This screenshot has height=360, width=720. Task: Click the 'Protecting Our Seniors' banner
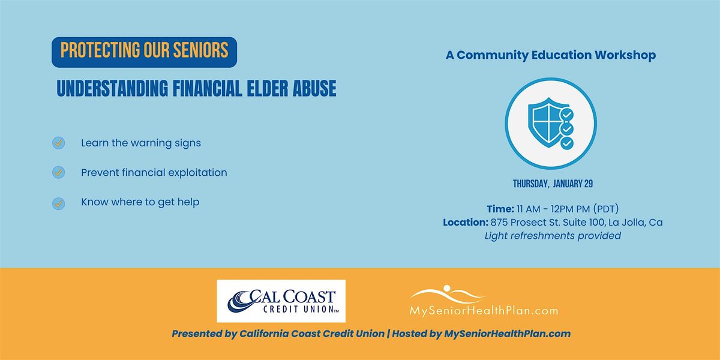(x=145, y=52)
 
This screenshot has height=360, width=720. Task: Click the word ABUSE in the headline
(x=314, y=88)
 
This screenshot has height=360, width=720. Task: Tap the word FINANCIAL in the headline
(x=208, y=88)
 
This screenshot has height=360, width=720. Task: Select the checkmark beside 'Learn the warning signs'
(x=59, y=143)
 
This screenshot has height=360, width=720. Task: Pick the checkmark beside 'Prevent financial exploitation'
(x=59, y=173)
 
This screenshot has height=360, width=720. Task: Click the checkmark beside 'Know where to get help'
(x=59, y=203)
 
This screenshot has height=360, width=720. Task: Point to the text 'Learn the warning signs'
(x=141, y=143)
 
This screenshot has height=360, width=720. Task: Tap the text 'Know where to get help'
(x=140, y=202)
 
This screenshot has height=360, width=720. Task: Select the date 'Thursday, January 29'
(x=553, y=184)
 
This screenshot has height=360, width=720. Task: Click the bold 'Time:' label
(x=500, y=209)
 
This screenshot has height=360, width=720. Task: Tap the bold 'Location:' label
(x=466, y=223)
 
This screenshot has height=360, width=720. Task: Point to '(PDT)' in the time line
(x=606, y=209)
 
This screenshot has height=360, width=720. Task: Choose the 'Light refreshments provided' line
(x=553, y=236)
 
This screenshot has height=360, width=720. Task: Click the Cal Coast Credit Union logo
(x=281, y=301)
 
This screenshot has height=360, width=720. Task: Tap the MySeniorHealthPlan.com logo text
(x=484, y=311)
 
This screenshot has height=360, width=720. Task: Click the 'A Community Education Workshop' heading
(x=551, y=55)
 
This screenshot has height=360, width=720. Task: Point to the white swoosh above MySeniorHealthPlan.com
(x=448, y=294)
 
